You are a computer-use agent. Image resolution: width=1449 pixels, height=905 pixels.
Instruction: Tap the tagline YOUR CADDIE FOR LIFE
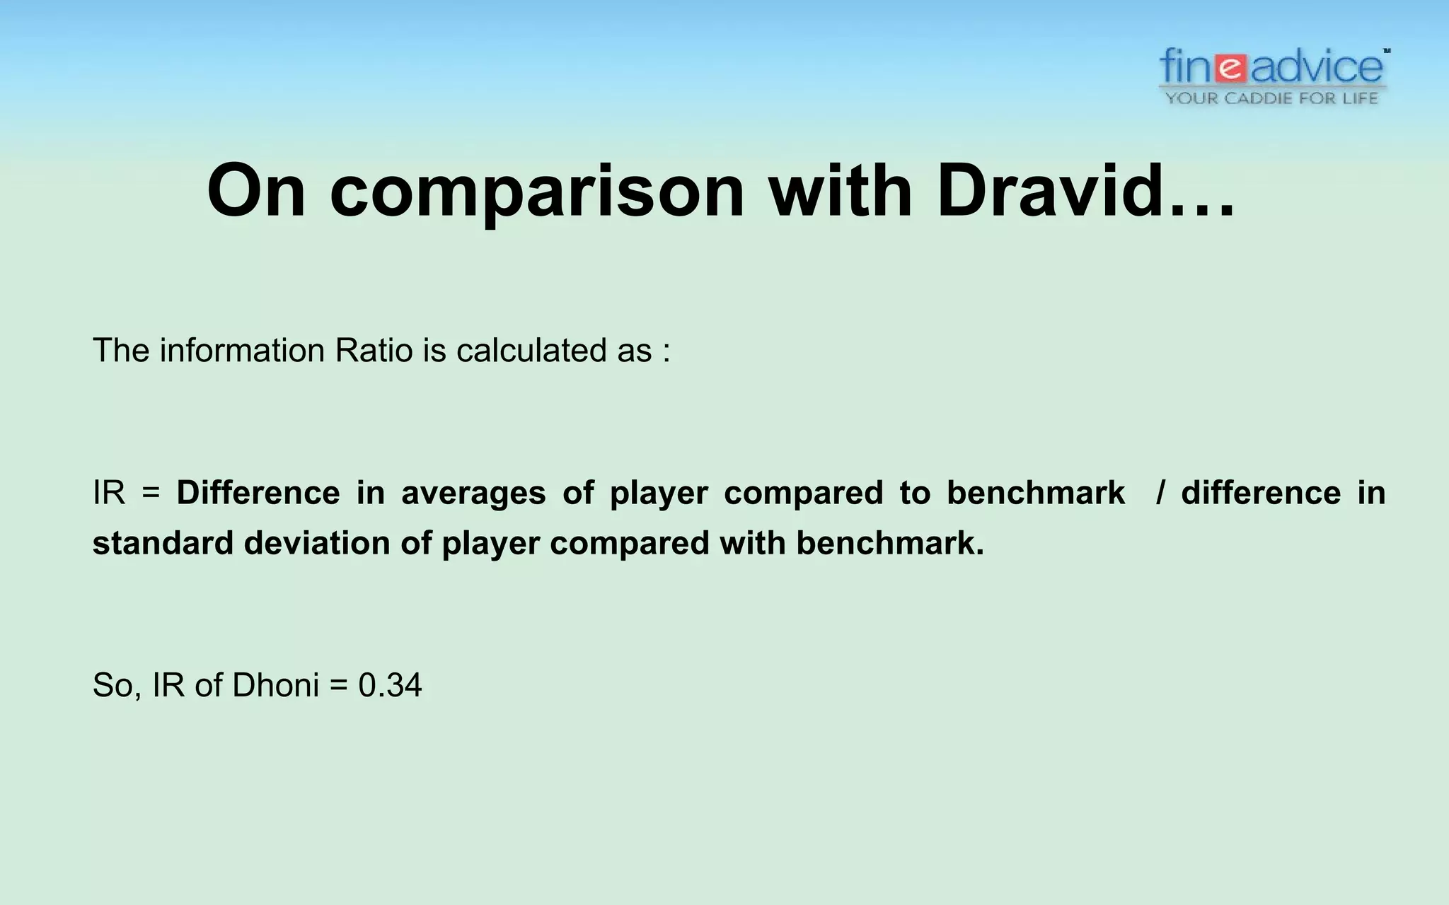(x=1272, y=98)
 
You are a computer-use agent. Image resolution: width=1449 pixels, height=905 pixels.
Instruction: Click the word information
(x=242, y=351)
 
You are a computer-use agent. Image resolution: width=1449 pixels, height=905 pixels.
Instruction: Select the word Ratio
(x=374, y=351)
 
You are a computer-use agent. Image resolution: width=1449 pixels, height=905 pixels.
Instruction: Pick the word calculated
(x=531, y=351)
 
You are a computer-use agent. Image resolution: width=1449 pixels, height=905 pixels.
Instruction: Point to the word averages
(x=473, y=493)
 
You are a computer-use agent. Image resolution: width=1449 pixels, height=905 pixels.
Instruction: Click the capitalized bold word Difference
(x=258, y=493)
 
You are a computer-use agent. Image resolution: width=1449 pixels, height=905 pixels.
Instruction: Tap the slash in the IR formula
(x=1160, y=493)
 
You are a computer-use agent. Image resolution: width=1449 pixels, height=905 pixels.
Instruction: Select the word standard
(x=163, y=544)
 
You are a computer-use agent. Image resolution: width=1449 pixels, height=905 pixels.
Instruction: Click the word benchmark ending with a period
(x=890, y=544)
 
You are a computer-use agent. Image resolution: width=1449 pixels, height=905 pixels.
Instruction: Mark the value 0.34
(x=390, y=685)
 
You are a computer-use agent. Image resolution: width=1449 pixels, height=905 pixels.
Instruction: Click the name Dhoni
(x=275, y=685)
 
